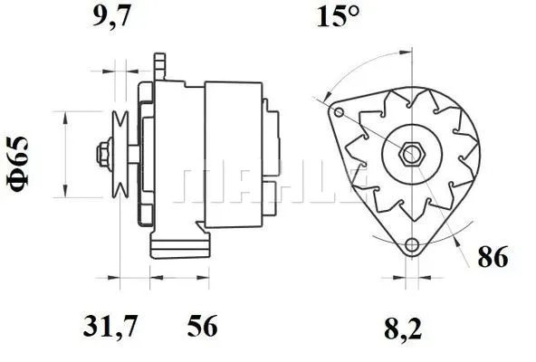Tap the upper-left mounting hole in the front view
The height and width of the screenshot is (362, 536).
[x=340, y=113]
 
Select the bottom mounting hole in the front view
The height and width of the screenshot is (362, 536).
[x=412, y=245]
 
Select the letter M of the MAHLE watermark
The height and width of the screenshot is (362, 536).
[x=201, y=186]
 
